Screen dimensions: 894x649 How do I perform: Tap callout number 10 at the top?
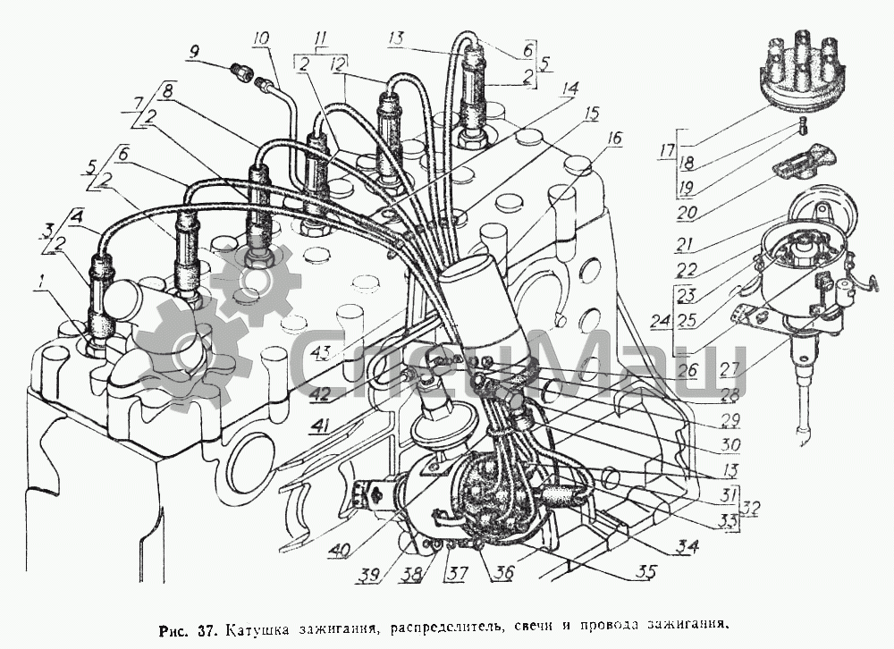(261, 40)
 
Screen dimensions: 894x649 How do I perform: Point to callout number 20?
(688, 214)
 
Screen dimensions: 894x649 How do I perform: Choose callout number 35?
(646, 571)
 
